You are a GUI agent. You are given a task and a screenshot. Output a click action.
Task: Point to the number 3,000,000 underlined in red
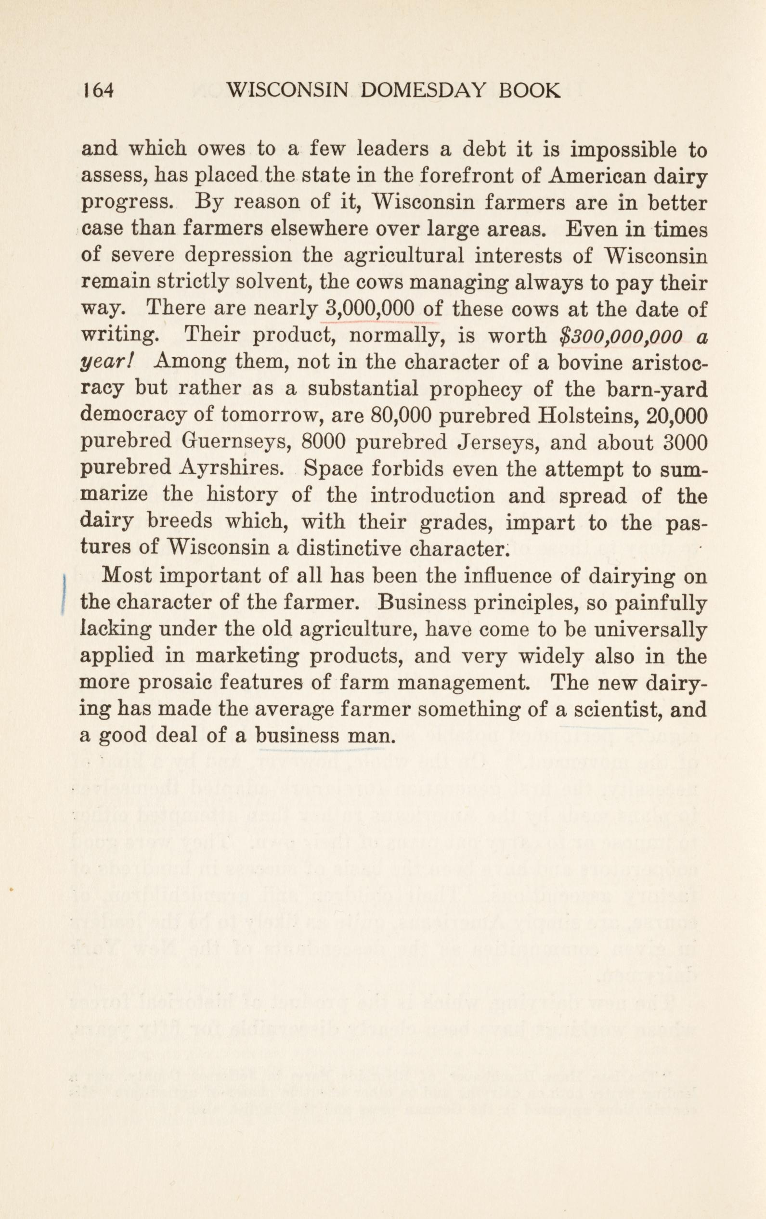(371, 309)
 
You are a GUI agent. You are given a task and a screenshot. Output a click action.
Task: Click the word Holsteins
(581, 415)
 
